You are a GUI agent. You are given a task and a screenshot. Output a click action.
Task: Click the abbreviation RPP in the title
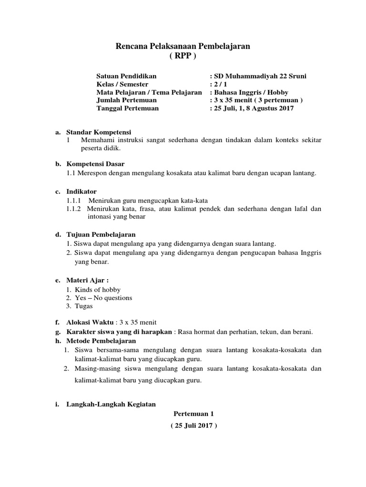(183, 56)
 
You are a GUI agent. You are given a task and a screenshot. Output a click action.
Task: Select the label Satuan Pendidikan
(126, 76)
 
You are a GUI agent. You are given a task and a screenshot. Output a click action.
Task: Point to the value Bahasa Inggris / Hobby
(251, 92)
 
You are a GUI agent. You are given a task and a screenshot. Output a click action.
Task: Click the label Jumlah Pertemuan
(126, 100)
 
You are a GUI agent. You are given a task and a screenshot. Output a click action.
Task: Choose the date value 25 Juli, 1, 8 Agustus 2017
(254, 108)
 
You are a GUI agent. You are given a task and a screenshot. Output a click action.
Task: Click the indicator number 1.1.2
(74, 208)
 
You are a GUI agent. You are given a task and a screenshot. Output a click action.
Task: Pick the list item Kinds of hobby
(98, 290)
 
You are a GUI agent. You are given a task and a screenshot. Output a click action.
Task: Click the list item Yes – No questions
(103, 298)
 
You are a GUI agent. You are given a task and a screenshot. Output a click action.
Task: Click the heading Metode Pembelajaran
(101, 341)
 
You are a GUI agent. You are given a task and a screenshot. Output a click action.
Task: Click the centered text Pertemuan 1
(194, 414)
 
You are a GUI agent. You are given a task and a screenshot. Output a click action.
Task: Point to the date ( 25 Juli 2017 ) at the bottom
(194, 426)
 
